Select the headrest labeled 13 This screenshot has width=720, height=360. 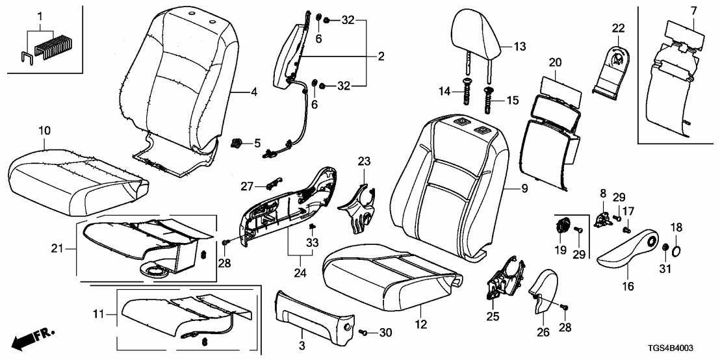476,32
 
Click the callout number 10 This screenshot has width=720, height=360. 44,131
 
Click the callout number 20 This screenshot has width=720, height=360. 554,63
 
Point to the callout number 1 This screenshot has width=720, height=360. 40,14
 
